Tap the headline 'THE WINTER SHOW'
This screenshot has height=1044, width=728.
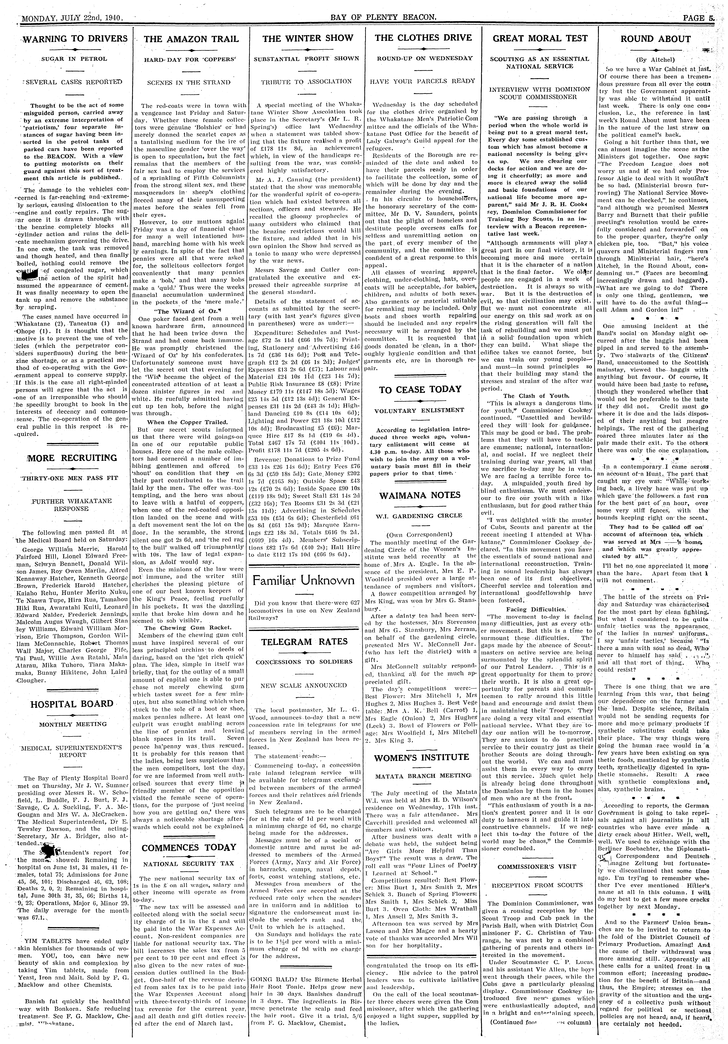(308, 39)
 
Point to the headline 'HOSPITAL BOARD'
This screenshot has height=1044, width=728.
(72, 704)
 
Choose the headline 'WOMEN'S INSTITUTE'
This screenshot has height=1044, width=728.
(421, 757)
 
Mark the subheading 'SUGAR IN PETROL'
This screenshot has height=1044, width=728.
(74, 59)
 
